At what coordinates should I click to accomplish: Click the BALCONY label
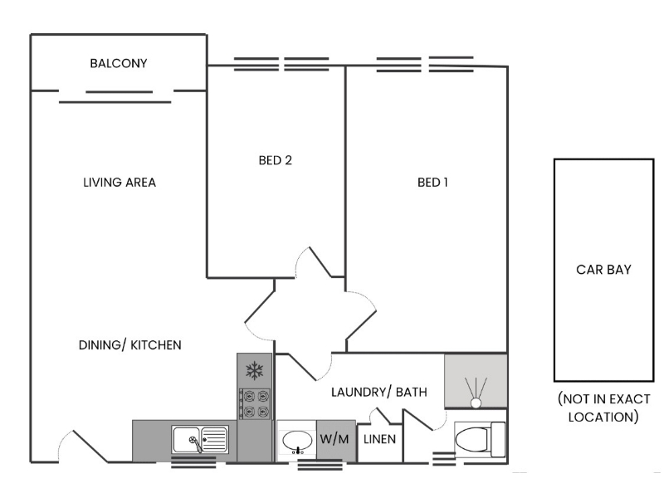click(119, 63)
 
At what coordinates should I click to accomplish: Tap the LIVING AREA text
click(120, 183)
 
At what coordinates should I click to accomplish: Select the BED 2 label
click(276, 160)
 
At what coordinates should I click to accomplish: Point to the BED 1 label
click(432, 183)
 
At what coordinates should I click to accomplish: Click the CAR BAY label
click(603, 270)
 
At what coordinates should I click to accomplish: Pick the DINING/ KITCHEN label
click(129, 344)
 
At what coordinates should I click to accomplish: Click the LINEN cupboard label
click(380, 439)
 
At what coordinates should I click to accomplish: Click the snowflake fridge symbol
click(255, 369)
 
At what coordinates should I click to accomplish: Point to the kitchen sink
click(199, 438)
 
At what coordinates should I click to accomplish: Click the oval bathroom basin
click(295, 439)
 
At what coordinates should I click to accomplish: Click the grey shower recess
click(476, 381)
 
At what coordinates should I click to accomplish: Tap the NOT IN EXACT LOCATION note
click(603, 408)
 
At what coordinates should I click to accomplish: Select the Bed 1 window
click(425, 63)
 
